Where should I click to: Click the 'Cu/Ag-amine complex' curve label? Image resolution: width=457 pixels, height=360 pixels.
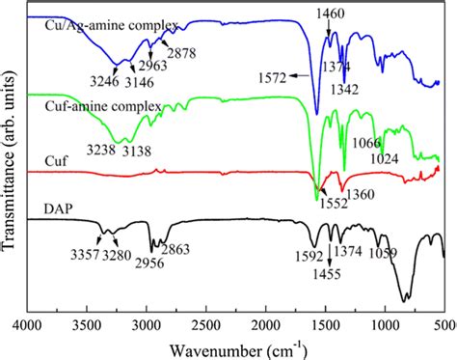[86, 25]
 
